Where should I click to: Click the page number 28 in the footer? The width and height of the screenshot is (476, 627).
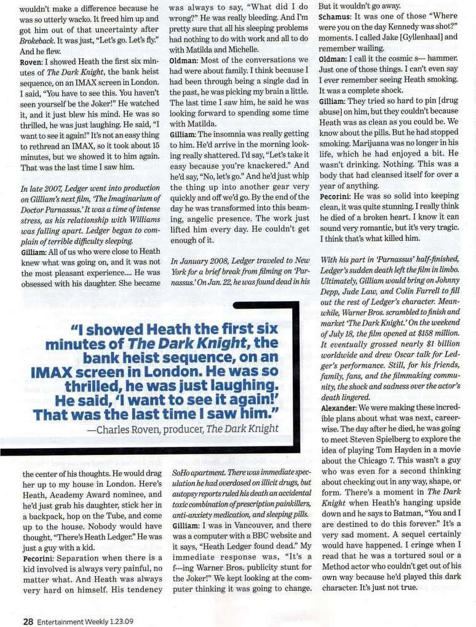pos(28,620)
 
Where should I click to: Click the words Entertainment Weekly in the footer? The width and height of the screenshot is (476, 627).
pos(74,621)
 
